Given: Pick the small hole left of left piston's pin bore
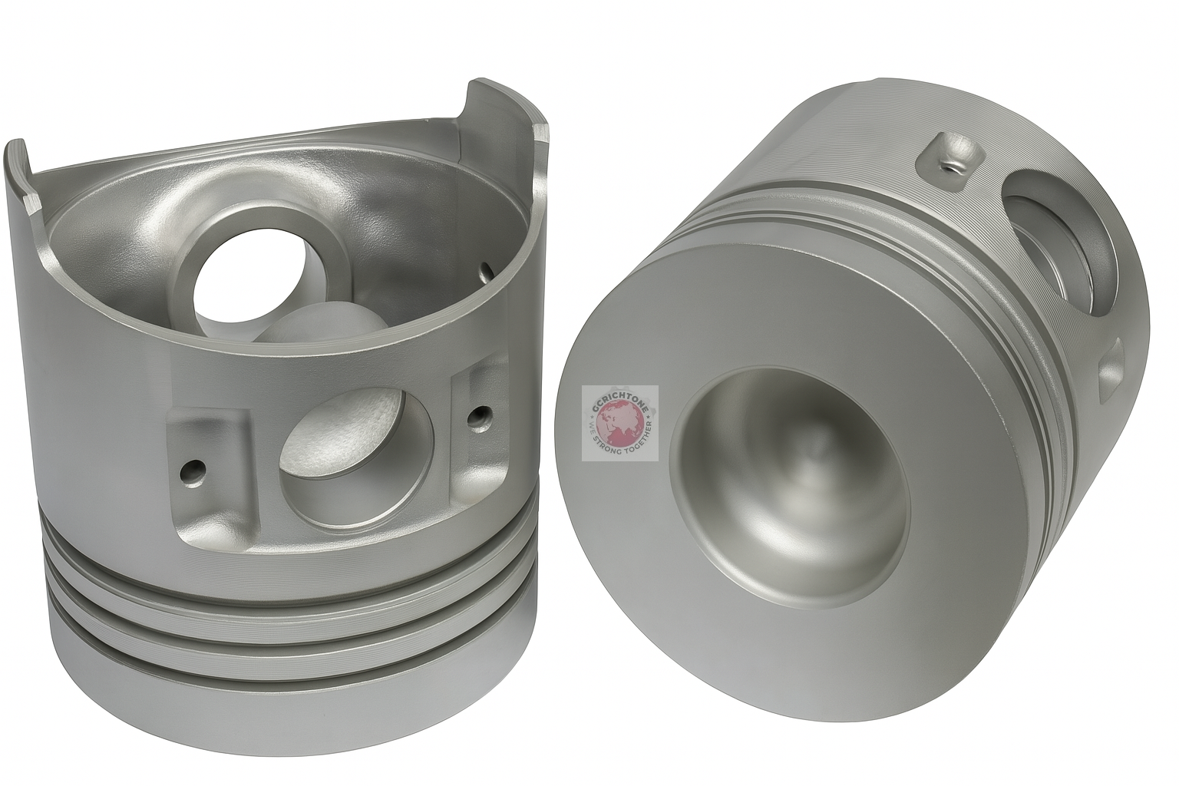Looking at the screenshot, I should click(x=193, y=467).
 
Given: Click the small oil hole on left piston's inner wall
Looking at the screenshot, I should click(x=484, y=270).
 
